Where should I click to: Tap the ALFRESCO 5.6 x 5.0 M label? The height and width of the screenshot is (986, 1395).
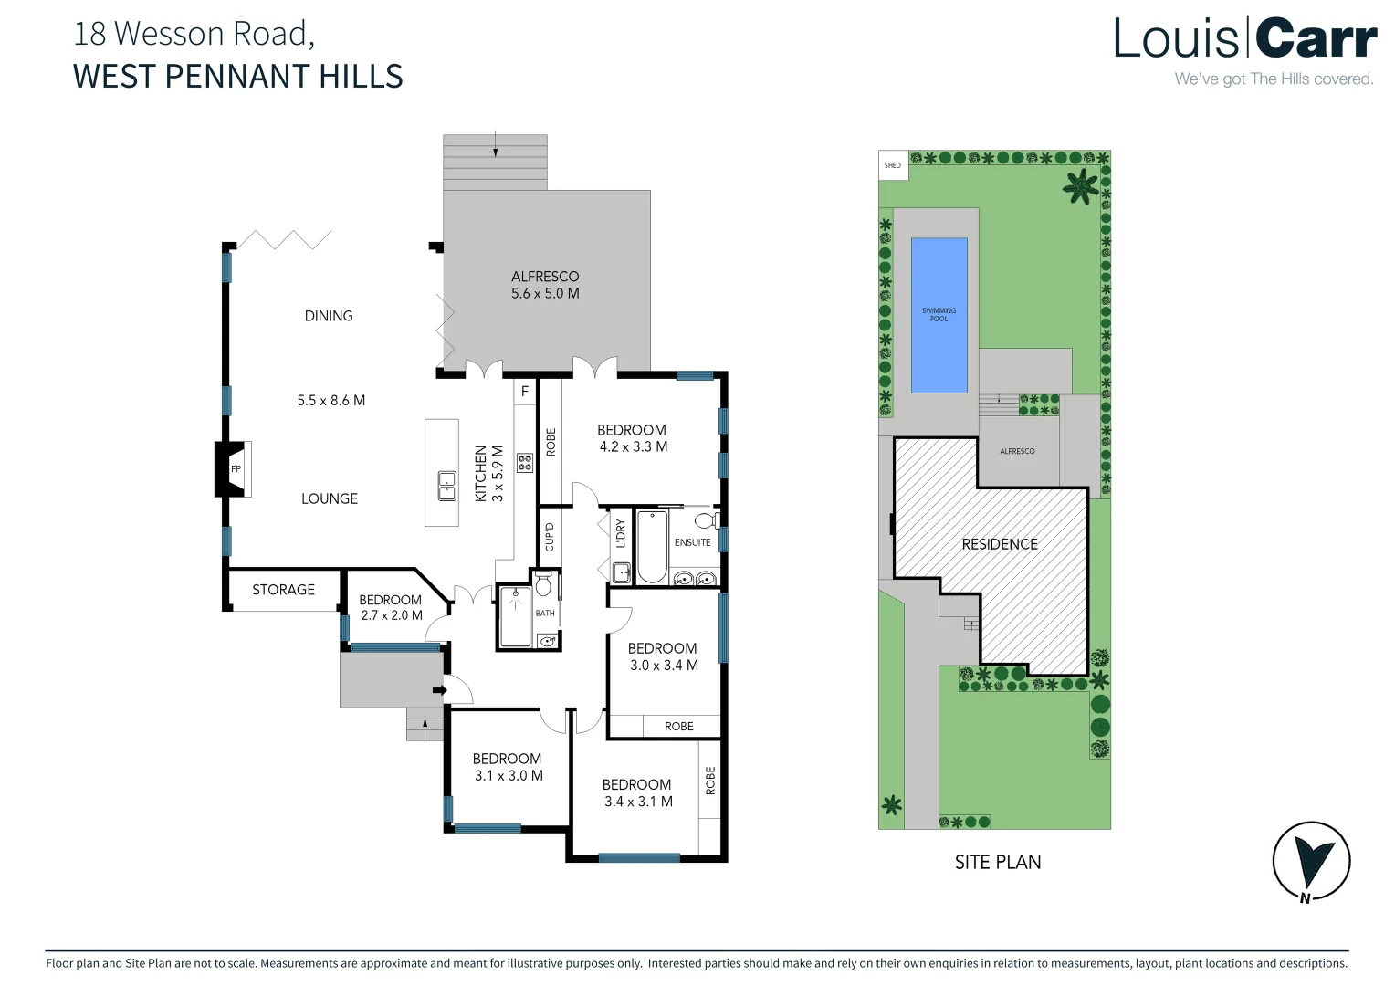pyautogui.click(x=545, y=285)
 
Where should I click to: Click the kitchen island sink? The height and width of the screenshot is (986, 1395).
pyautogui.click(x=446, y=486)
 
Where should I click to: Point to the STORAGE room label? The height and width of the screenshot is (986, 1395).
pyautogui.click(x=283, y=590)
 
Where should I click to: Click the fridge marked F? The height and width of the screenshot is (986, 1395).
pyautogui.click(x=525, y=392)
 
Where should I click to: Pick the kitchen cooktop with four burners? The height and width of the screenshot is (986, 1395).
pyautogui.click(x=525, y=462)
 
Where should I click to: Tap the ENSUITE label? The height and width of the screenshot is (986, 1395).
pyautogui.click(x=692, y=542)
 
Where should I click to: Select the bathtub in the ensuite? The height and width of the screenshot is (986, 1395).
pyautogui.click(x=651, y=546)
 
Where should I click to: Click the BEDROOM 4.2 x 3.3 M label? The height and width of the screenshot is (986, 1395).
pyautogui.click(x=632, y=438)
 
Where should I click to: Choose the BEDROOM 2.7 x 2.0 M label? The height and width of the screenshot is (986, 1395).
pyautogui.click(x=391, y=607)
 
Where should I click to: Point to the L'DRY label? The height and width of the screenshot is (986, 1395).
pyautogui.click(x=621, y=533)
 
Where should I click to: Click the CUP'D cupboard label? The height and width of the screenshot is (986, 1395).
pyautogui.click(x=550, y=537)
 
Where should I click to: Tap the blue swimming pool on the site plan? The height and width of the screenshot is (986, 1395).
pyautogui.click(x=939, y=315)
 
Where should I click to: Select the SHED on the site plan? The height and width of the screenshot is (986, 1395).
pyautogui.click(x=893, y=165)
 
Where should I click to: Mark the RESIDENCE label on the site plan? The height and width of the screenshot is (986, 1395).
pyautogui.click(x=1000, y=544)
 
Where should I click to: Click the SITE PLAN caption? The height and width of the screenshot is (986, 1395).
pyautogui.click(x=998, y=862)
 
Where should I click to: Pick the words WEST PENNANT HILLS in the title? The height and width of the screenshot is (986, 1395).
pyautogui.click(x=237, y=76)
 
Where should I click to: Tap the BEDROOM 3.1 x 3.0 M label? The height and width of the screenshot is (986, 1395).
pyautogui.click(x=508, y=767)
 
